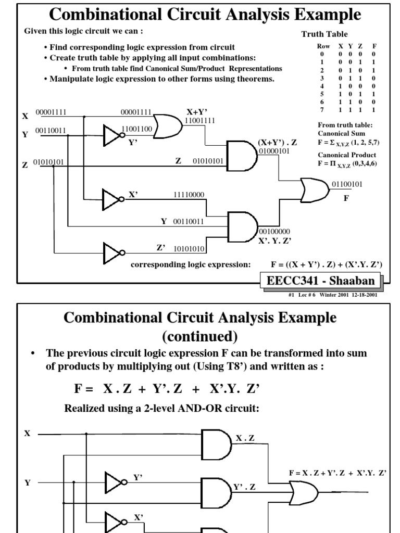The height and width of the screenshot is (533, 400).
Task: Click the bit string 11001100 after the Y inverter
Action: point(136,129)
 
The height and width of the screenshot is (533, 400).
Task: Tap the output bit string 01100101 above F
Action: point(347,184)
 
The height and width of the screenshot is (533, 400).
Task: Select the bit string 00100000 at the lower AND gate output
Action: point(274,231)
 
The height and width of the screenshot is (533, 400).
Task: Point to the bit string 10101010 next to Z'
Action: point(189,249)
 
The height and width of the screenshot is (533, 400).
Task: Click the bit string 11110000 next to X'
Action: point(189,195)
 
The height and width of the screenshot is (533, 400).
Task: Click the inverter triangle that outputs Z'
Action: point(113,253)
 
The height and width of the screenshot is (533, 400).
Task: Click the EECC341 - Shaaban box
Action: point(320,281)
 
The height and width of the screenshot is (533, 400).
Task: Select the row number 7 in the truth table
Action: point(322,110)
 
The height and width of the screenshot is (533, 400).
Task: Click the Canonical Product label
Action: point(347,155)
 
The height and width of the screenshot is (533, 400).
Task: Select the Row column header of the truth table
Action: point(323,46)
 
